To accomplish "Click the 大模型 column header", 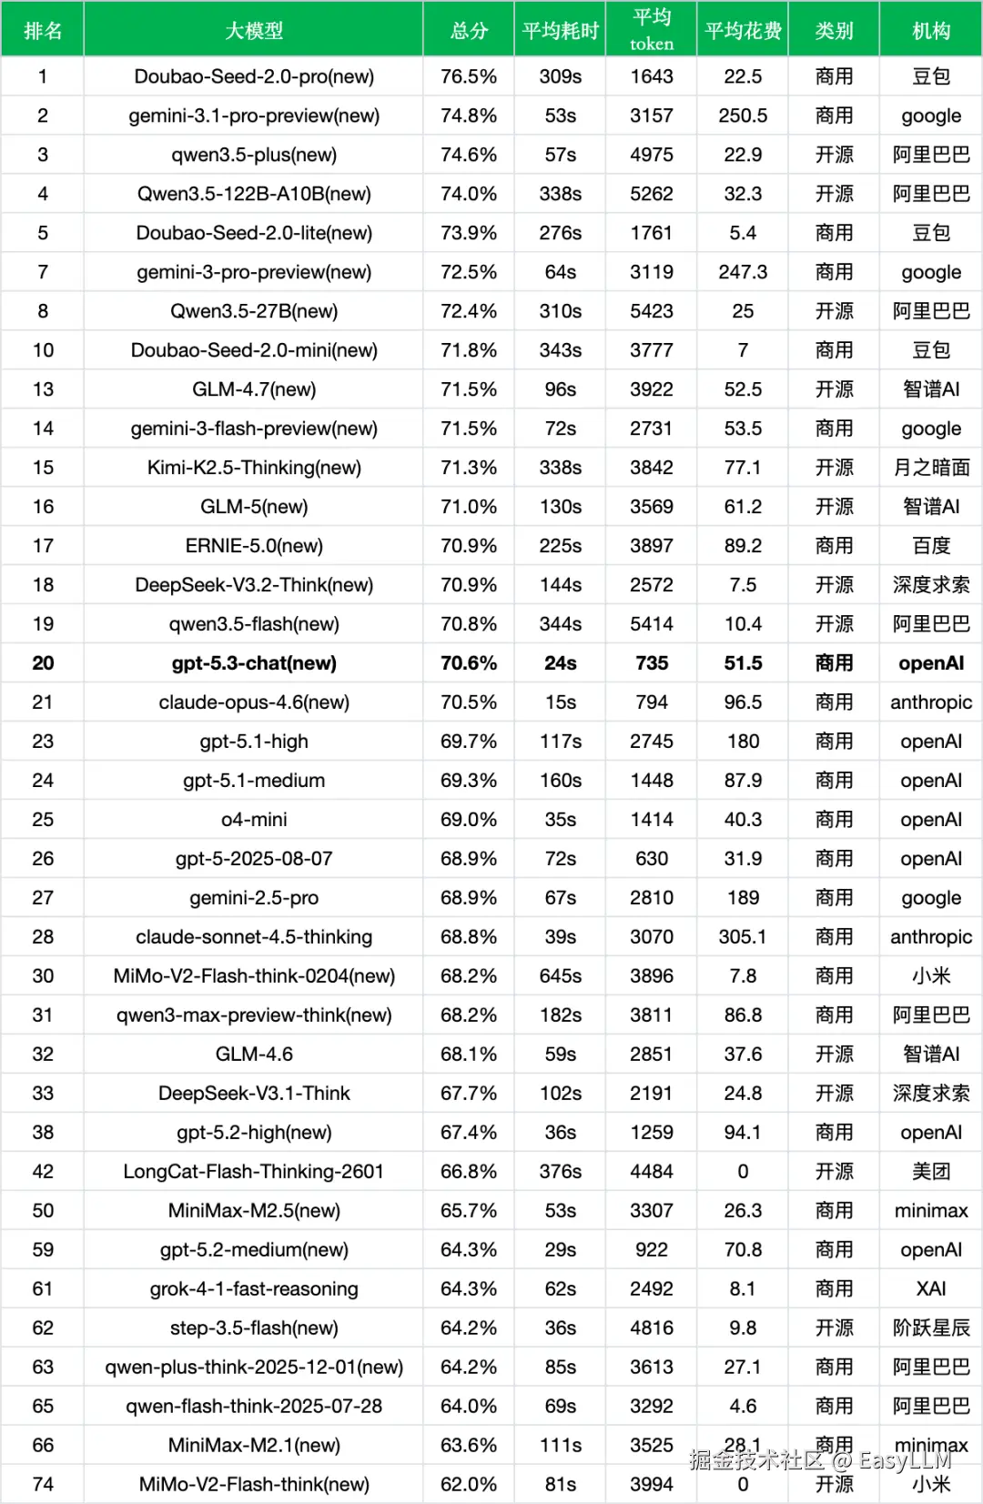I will [x=254, y=31].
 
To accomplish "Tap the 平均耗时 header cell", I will [x=560, y=31].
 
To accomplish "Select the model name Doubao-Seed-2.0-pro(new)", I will [x=254, y=76].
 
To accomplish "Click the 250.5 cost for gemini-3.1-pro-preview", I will [x=743, y=116].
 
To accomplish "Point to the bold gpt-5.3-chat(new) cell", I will [x=254, y=663].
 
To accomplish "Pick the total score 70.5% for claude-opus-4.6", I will [x=469, y=702].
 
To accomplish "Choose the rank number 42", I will [x=43, y=1172].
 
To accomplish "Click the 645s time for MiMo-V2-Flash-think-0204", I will [x=560, y=976].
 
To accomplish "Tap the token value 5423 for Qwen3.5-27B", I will [x=652, y=311].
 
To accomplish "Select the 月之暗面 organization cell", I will [x=931, y=468].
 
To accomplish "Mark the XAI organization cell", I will [x=931, y=1289].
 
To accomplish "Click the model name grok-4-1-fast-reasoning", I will [x=254, y=1289].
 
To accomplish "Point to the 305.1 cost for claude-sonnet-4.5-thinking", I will [x=743, y=937].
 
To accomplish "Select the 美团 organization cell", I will [x=931, y=1172].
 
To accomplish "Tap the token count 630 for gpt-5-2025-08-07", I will [x=652, y=859].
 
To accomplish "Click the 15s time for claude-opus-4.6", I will [x=560, y=702].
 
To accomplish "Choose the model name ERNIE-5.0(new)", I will [x=254, y=546].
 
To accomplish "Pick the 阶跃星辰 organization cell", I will [x=931, y=1328].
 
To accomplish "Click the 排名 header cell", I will [x=43, y=31].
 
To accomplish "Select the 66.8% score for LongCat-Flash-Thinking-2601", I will [x=469, y=1172].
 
